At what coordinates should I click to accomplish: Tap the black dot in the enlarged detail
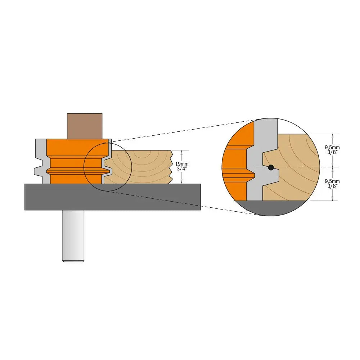point(271,167)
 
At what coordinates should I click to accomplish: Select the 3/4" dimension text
point(181,169)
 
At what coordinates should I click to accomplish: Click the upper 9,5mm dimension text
point(332,148)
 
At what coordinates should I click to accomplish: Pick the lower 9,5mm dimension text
point(332,181)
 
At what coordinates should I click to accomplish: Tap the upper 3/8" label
point(332,153)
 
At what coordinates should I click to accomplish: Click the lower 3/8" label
point(332,186)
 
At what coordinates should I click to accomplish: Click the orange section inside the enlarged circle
point(234,162)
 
